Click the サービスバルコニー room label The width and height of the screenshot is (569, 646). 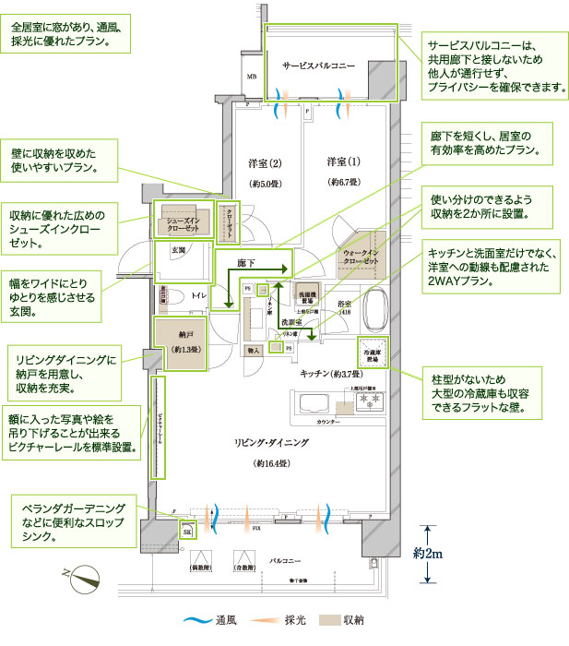point(318,67)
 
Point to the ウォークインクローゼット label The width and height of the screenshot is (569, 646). point(361,257)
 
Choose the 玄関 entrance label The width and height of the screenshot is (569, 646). point(178,250)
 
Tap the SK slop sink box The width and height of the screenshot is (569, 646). point(187,531)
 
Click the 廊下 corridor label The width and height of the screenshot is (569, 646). point(245,263)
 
